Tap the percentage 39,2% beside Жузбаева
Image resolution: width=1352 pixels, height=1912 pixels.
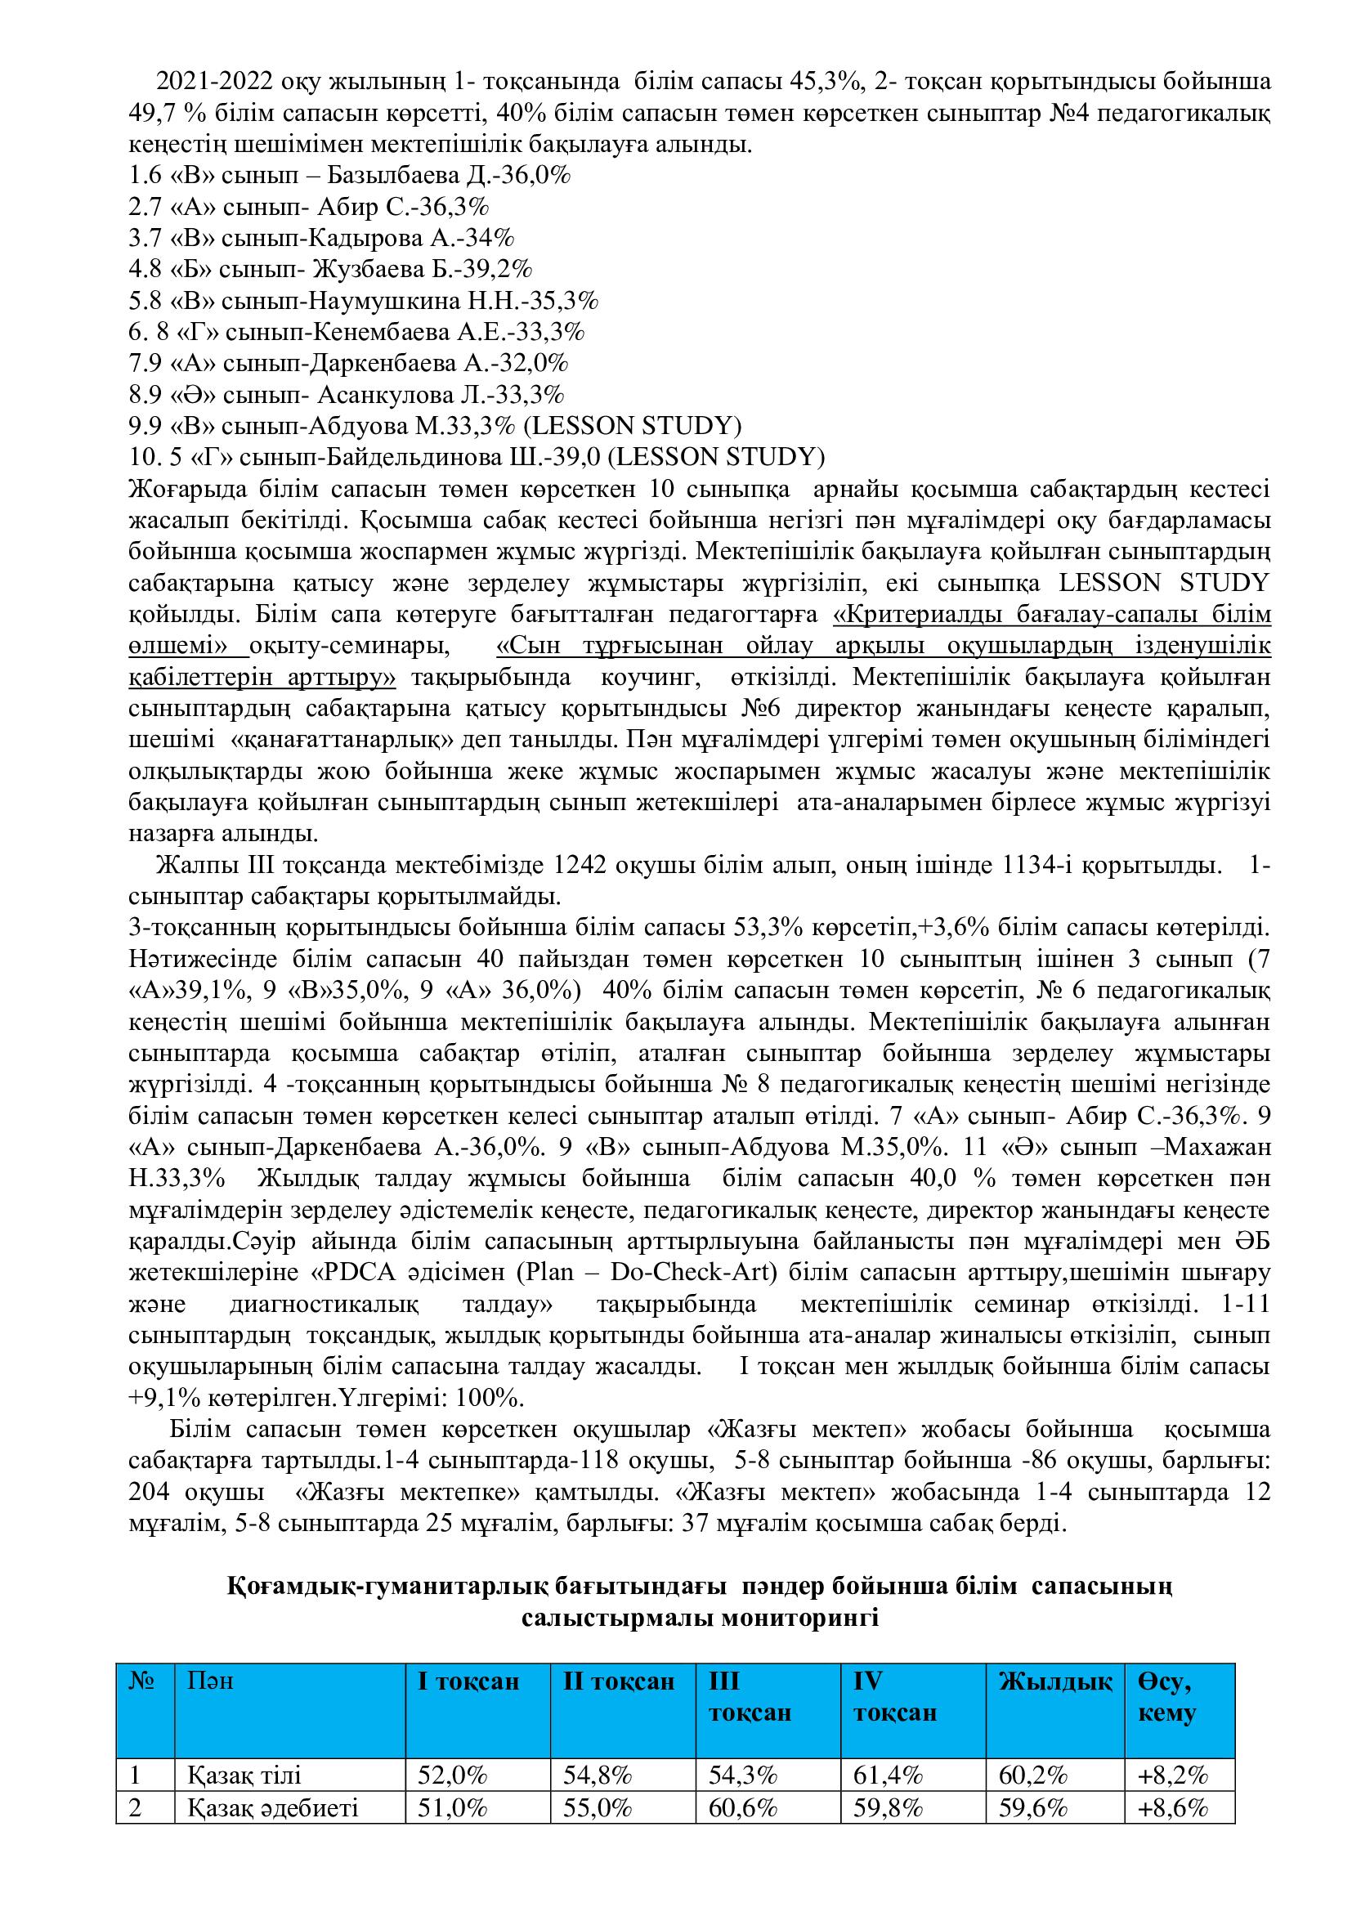pyautogui.click(x=498, y=269)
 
